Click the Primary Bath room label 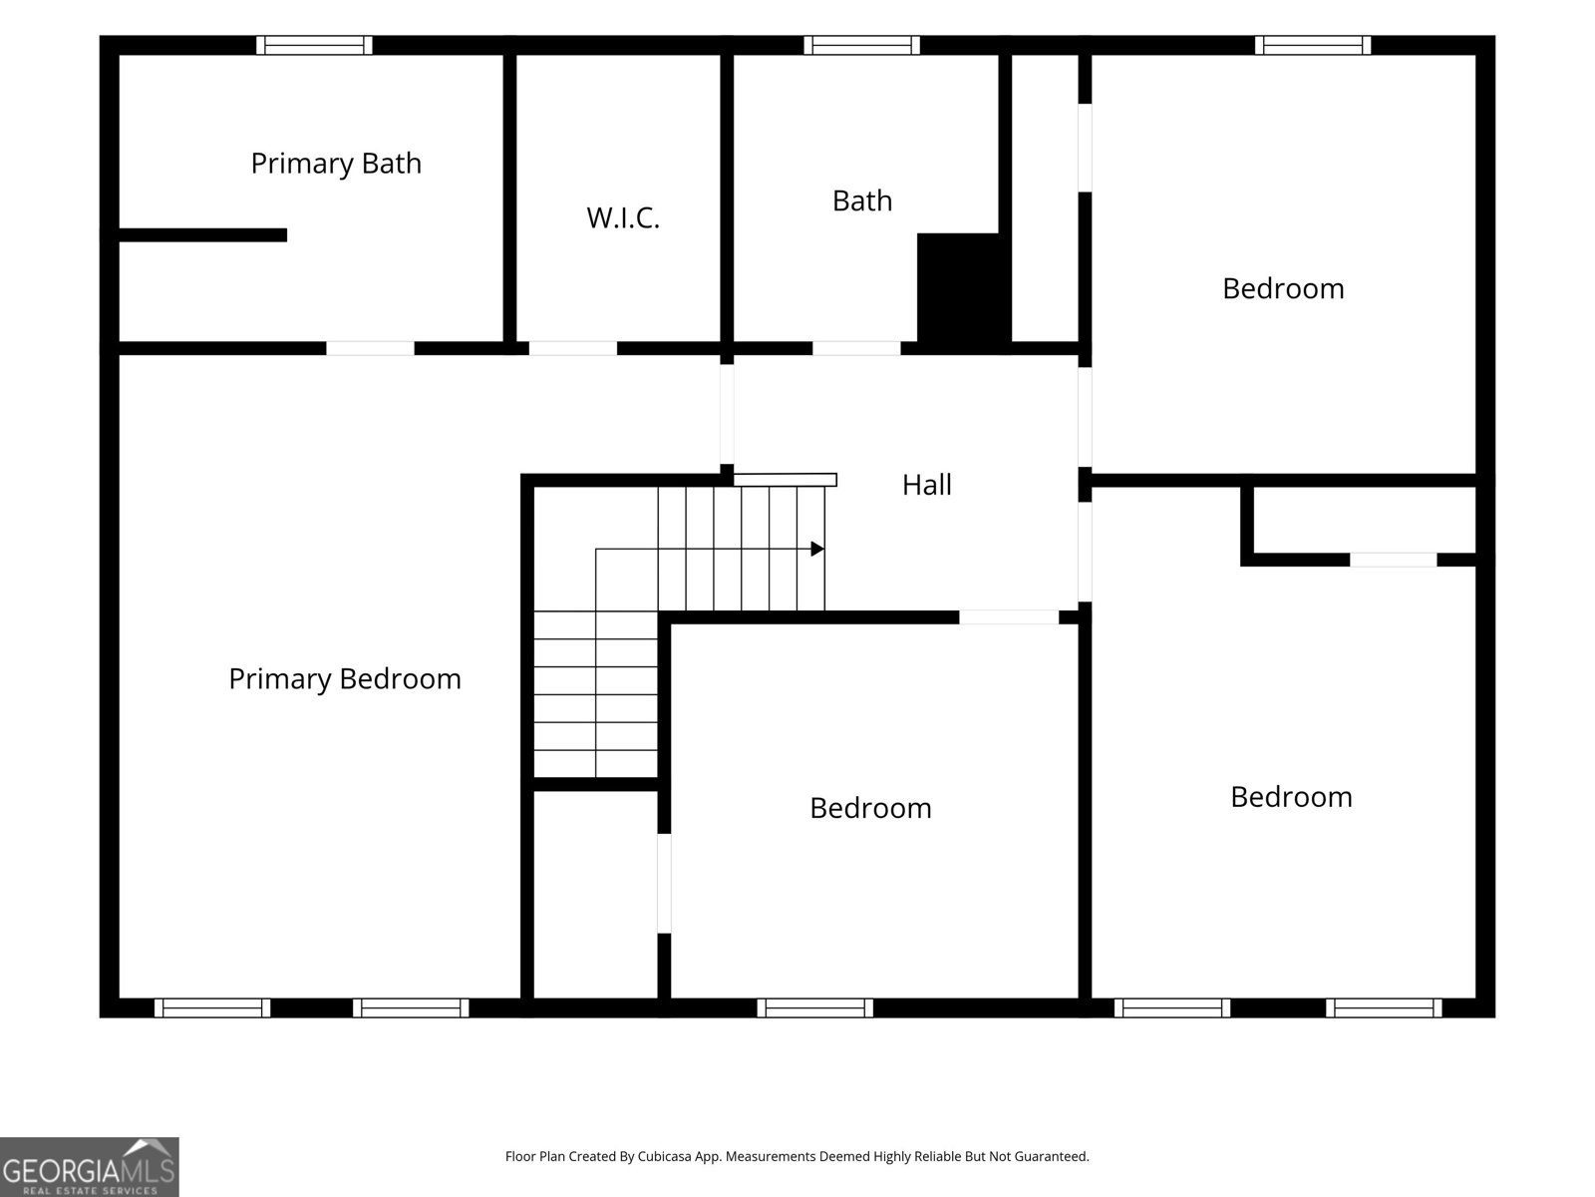coord(336,164)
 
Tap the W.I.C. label coord(623,218)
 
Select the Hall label coord(926,485)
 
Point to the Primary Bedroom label coord(345,679)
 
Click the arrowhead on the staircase coord(817,549)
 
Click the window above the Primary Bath coord(314,45)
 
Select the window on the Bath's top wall coord(862,45)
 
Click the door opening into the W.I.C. coord(572,348)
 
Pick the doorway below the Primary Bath coord(370,348)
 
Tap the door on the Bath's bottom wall coord(856,348)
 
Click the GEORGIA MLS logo coord(90,1167)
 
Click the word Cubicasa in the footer coord(664,1156)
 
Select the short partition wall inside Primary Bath coord(202,234)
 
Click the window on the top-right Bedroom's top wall coord(1312,45)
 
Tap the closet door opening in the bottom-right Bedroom coord(1393,560)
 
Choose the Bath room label coord(862,200)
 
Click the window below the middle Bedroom coord(814,1008)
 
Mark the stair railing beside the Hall coord(785,480)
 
